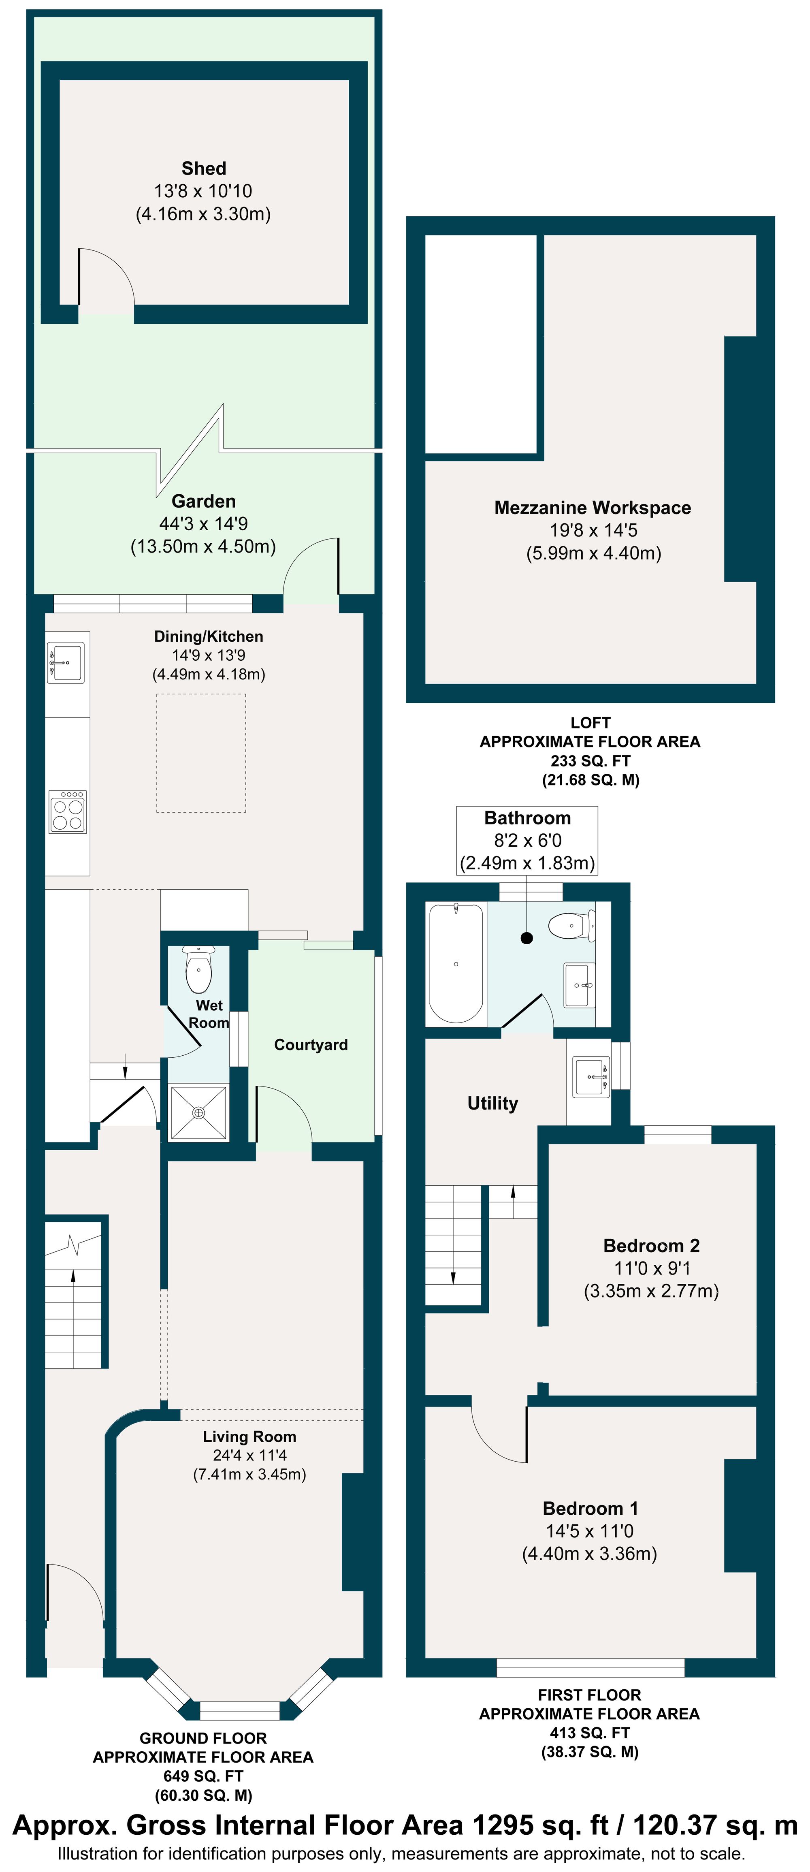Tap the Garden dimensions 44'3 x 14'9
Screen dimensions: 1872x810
click(203, 524)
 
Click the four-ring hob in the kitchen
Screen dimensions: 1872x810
click(68, 812)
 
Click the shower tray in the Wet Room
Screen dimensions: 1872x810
click(198, 1112)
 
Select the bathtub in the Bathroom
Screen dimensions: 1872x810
click(456, 963)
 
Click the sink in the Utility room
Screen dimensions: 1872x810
click(590, 1077)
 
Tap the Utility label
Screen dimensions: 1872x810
click(492, 1103)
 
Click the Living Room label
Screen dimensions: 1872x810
click(249, 1437)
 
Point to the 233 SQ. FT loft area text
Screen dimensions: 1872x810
click(590, 761)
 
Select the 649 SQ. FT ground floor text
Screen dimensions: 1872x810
click(203, 1776)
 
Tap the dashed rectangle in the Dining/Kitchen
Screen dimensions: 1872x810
click(201, 753)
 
